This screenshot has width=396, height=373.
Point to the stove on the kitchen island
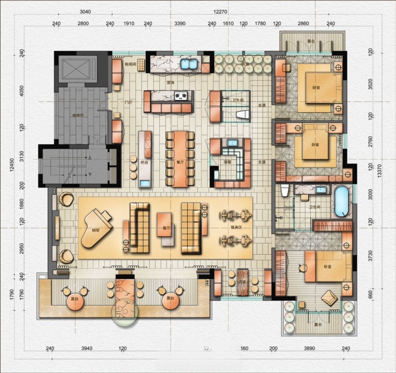point(181,95)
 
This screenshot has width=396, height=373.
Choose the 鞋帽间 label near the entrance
point(130,64)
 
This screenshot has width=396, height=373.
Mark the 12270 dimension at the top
point(220,11)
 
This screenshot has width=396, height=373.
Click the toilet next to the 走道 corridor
point(243,114)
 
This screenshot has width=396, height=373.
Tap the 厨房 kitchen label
point(171,82)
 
